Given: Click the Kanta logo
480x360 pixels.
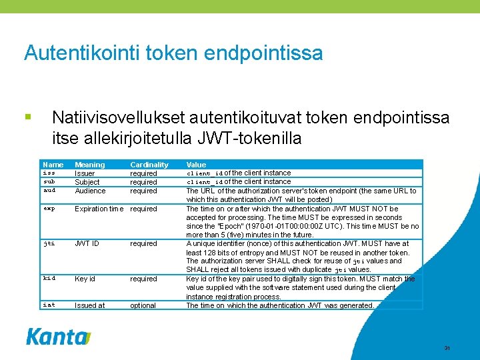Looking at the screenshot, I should point(58,336).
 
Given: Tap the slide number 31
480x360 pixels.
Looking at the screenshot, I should point(447,348).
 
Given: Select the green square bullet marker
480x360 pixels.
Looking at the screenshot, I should point(27,117).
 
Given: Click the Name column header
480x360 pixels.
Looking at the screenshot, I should point(53,165).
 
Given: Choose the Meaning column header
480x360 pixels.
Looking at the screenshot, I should point(89,165).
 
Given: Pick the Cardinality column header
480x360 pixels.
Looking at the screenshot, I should point(149,165).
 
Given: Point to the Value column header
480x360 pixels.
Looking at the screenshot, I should point(196,165).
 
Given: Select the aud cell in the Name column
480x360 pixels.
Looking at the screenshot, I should point(49,191).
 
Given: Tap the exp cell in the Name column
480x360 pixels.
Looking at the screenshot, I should point(49,209).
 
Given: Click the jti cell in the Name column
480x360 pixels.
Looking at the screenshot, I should point(49,243).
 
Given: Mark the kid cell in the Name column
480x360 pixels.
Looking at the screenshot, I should point(49,279).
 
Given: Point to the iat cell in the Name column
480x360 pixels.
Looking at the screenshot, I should point(49,305).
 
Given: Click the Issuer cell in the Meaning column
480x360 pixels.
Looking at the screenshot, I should point(85,173).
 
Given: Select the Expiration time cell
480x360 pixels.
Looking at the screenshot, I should point(99,209).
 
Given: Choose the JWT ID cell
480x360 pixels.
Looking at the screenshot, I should point(87,243).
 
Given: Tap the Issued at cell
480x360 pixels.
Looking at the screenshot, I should point(89,305).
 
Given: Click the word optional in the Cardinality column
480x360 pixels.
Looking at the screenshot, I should point(143,305).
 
